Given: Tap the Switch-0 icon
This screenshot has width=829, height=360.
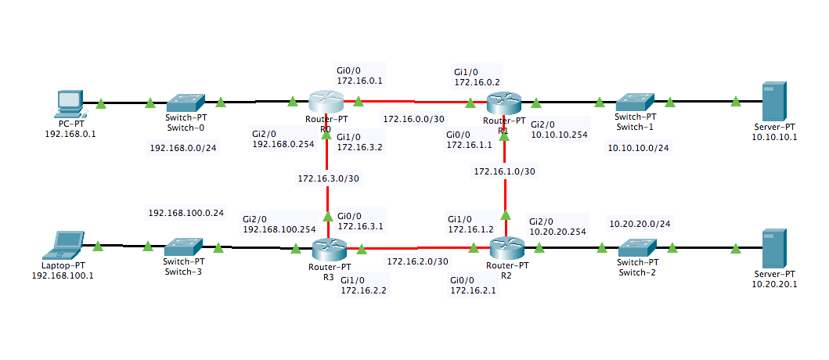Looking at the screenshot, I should pos(185,102).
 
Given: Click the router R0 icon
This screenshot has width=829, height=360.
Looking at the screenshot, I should pos(326,102).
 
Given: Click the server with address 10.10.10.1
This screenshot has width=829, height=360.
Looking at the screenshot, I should pos(774,101).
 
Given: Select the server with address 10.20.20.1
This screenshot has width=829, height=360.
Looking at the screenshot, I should pos(774,248).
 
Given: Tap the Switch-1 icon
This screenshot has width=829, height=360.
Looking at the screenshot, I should pos(634,102).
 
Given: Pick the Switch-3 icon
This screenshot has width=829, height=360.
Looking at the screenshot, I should pos(185,248).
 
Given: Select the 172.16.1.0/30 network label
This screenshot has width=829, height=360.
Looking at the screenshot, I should pos(506,171).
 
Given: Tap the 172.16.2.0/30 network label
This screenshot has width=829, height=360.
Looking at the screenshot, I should pos(417,261).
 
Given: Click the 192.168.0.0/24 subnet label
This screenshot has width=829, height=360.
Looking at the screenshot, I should pos(183,147).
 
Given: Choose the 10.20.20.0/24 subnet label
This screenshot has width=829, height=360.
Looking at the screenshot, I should pos(640,224).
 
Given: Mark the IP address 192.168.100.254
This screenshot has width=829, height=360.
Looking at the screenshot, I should pos(279,230).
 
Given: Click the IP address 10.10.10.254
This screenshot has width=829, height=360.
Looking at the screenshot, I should pos(559,135).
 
